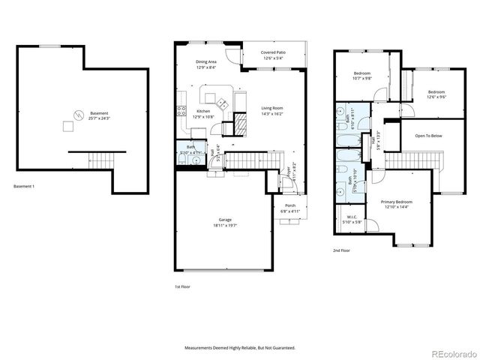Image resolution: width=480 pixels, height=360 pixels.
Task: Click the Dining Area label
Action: click(x=206, y=64)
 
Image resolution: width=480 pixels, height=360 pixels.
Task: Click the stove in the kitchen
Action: click(x=181, y=112)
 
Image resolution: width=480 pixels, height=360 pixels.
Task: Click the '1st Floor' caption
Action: click(x=183, y=286)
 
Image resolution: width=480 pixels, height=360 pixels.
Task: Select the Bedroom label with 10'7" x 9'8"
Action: click(x=364, y=76)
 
